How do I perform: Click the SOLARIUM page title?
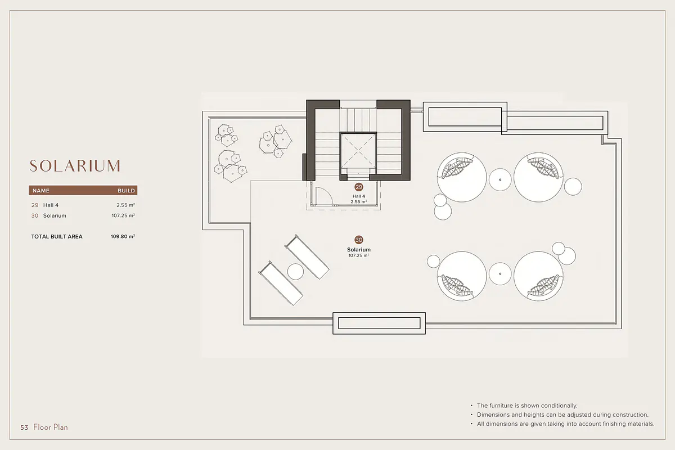[x=75, y=166]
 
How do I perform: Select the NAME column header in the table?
[x=40, y=191]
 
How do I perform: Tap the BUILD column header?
[x=126, y=191]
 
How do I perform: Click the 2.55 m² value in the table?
[x=125, y=205]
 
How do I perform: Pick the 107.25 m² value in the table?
[x=123, y=215]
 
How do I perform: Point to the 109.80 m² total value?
[x=123, y=237]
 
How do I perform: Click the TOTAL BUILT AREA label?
[x=57, y=237]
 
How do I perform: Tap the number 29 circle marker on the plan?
[x=359, y=187]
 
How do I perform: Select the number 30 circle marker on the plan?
[x=359, y=240]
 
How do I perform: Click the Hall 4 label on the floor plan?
[x=359, y=196]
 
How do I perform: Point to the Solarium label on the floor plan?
[x=359, y=250]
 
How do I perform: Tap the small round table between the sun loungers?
[x=295, y=272]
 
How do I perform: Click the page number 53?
[x=24, y=427]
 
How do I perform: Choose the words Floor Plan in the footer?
[x=51, y=427]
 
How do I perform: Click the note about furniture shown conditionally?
[x=527, y=406]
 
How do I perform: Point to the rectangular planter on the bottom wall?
[x=379, y=323]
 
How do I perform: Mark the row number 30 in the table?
[x=35, y=215]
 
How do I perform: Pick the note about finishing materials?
[x=566, y=424]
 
